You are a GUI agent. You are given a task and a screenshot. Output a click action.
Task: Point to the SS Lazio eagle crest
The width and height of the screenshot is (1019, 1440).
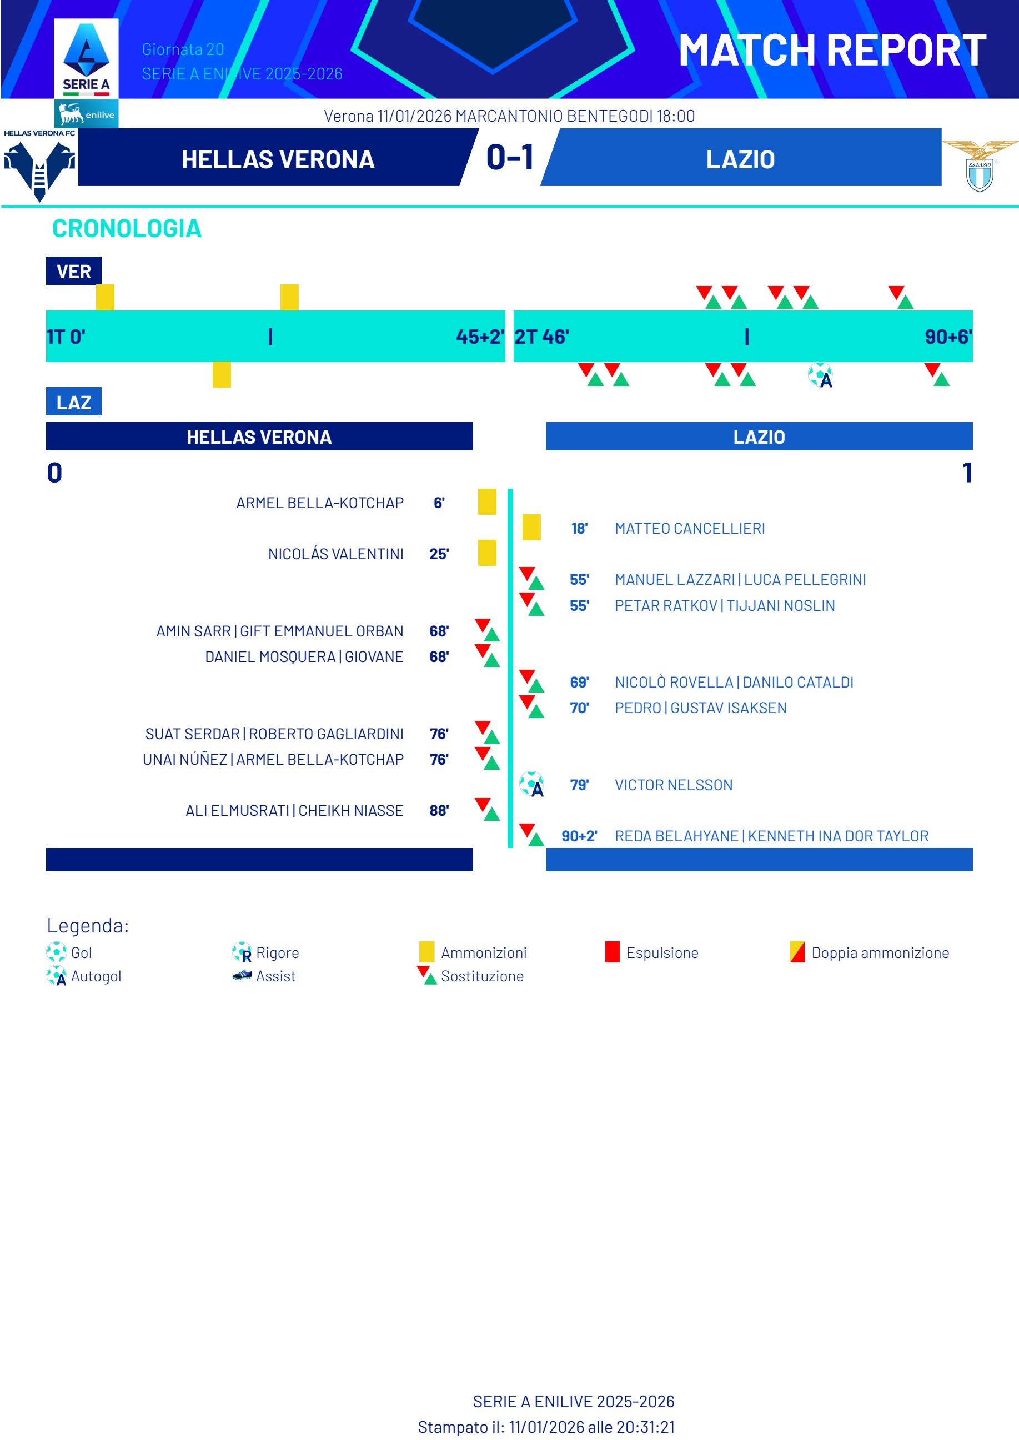point(980,166)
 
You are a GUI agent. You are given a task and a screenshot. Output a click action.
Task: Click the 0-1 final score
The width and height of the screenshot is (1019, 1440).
point(510,158)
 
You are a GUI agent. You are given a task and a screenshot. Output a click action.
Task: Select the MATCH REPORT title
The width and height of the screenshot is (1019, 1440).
point(832,51)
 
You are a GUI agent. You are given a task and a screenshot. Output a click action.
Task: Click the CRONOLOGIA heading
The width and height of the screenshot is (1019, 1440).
point(127,229)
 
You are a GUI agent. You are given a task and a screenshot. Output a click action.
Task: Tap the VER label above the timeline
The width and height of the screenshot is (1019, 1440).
point(73,272)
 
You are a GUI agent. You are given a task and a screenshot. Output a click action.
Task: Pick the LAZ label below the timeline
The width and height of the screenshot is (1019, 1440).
point(73,402)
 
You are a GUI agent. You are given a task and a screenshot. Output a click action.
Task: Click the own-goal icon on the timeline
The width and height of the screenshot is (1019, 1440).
point(820,376)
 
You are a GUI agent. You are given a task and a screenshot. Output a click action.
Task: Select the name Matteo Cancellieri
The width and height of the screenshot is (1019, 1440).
point(690,529)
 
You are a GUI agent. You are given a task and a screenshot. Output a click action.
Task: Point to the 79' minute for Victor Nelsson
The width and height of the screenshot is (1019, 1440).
point(579,785)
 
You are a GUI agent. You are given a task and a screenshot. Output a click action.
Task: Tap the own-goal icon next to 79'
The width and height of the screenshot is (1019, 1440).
point(531,784)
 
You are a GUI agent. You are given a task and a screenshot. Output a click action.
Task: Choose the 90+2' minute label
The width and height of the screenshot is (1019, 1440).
point(579,836)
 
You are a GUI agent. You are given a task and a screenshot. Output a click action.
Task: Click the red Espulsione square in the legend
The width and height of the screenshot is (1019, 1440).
point(612,952)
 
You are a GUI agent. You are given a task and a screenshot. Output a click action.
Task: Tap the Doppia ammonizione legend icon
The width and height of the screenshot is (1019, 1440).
point(797,952)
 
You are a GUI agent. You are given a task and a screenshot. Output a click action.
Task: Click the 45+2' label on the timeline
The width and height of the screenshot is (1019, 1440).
point(480,337)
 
